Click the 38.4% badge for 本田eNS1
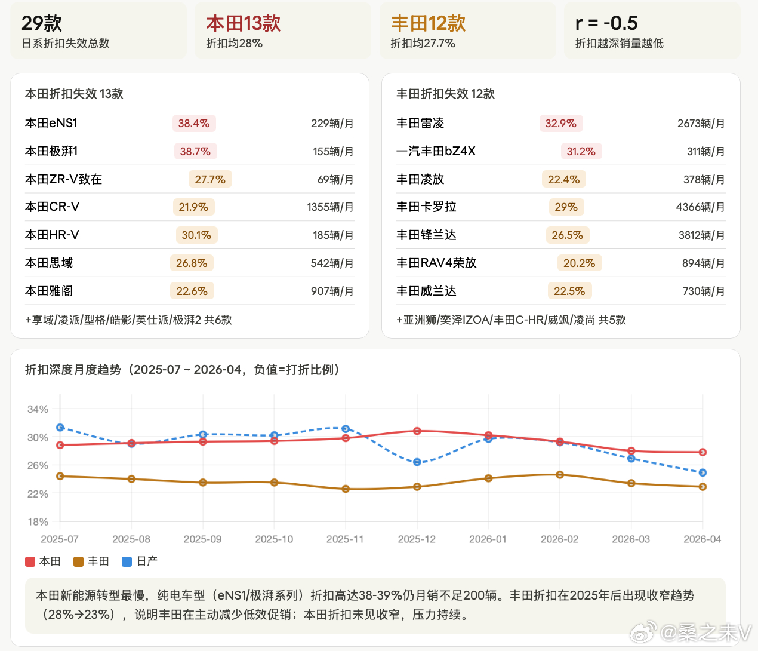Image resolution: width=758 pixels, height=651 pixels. click(x=194, y=123)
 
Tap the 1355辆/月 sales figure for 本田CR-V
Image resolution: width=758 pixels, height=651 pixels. click(x=330, y=207)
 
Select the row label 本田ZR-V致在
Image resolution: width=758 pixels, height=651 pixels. click(x=63, y=179)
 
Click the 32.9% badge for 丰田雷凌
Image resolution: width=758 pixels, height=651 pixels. click(x=560, y=123)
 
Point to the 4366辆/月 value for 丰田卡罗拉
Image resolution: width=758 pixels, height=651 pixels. click(x=700, y=207)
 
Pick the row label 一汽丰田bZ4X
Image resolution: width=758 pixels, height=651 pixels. click(x=436, y=151)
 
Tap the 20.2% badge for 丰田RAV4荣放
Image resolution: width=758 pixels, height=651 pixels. click(x=580, y=263)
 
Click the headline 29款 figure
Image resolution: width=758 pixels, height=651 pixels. click(x=41, y=23)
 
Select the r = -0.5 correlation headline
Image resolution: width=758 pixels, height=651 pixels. click(x=606, y=23)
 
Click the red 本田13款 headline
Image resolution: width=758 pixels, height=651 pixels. click(x=244, y=23)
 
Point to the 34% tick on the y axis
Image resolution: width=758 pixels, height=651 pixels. click(x=38, y=409)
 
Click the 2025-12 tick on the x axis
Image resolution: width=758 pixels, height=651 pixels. click(x=417, y=539)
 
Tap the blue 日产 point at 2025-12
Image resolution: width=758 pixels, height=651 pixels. click(x=417, y=462)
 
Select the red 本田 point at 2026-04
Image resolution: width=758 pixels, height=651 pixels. click(x=702, y=452)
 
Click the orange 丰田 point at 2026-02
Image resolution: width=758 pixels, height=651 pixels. click(x=560, y=475)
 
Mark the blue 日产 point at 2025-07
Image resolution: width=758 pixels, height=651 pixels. click(x=60, y=428)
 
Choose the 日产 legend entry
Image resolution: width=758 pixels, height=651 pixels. click(x=140, y=561)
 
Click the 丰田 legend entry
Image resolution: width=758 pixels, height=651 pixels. click(x=91, y=561)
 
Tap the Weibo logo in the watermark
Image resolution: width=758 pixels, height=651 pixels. click(x=643, y=632)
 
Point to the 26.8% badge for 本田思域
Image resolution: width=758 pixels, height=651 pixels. click(x=192, y=263)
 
